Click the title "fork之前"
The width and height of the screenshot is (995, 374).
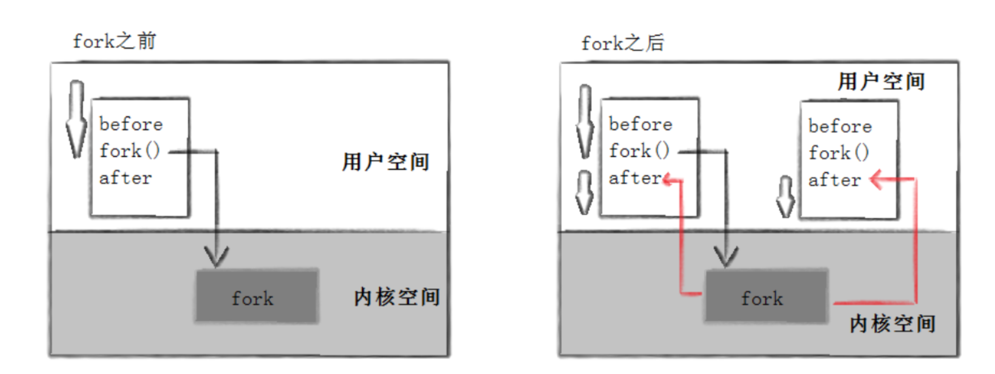pos(114,41)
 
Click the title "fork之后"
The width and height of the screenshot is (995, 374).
pos(623,43)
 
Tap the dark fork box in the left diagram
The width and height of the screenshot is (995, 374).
pos(256,296)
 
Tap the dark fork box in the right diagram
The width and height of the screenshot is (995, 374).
pos(766,296)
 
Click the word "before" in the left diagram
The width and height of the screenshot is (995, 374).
pos(131,124)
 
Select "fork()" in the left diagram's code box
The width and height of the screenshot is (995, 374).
pos(129,151)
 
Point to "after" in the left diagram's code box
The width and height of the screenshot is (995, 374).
pos(126,178)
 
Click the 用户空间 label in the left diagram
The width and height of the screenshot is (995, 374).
pos(385,162)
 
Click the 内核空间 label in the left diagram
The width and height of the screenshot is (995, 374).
pos(396,297)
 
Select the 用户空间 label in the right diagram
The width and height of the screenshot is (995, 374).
pos(881,82)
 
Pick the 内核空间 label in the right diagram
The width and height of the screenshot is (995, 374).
pos(892,324)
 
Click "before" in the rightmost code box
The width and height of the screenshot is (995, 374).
pos(840,126)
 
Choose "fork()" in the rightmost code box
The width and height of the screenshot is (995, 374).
pos(838,153)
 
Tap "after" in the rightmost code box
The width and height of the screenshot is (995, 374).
pos(834,180)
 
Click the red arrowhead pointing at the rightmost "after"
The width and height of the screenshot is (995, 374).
pos(876,179)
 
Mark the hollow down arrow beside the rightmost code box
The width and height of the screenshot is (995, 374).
pos(786,197)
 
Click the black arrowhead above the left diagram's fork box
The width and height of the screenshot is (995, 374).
pos(216,256)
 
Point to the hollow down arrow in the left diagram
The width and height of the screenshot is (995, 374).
pos(77,119)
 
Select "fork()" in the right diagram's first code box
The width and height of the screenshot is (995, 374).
pos(638,151)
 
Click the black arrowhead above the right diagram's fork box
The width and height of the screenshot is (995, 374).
pos(725,256)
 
